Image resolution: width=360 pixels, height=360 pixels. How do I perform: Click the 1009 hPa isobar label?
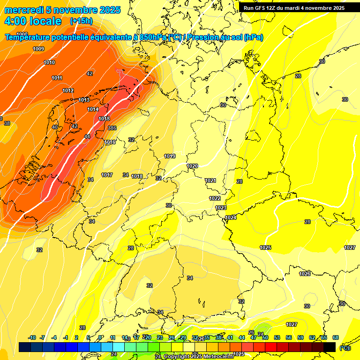tap(38, 49)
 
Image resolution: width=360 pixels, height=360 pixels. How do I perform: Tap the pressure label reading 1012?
tap(68, 90)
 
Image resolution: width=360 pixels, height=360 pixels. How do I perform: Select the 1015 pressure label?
tap(104, 119)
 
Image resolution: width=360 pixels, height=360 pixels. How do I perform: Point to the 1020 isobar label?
tap(192, 166)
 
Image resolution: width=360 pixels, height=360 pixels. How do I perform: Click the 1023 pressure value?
tap(221, 208)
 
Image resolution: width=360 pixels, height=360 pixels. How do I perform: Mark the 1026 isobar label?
tap(305, 274)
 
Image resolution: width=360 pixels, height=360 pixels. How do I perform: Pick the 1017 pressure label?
tap(106, 175)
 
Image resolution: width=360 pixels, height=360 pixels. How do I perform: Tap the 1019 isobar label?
tap(170, 156)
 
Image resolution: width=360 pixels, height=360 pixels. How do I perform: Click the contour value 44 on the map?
tap(87, 136)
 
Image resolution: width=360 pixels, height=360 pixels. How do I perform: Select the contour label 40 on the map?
tap(55, 127)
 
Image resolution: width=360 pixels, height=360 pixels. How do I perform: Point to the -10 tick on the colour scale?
tap(32, 337)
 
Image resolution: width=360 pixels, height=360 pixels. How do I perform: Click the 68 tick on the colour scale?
tap(336, 337)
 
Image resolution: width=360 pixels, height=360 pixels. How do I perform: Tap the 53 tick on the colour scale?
tap(277, 337)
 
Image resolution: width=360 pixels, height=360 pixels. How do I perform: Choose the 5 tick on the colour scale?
tap(88, 337)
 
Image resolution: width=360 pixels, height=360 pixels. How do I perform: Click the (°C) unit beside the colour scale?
tap(345, 348)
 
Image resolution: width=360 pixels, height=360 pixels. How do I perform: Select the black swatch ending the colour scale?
tap(330, 347)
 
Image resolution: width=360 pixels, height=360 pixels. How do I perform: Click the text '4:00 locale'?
tap(33, 21)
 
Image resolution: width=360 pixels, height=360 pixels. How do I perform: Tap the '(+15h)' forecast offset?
tap(81, 21)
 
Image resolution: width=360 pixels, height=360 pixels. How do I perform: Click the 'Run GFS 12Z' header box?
tap(294, 8)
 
